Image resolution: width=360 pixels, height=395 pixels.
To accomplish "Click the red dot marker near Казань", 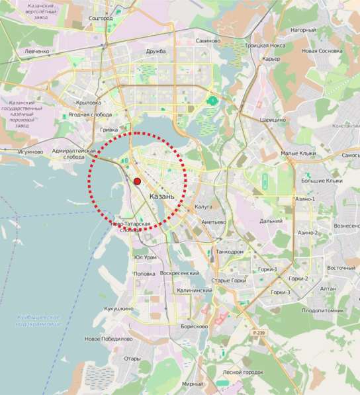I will [x=138, y=181].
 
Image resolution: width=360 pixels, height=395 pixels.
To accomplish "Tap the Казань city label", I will [x=162, y=197].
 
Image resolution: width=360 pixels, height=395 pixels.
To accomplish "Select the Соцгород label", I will [x=101, y=18].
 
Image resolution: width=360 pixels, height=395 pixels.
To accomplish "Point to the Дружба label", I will [x=156, y=51].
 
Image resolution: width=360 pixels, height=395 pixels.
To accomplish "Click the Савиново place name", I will [x=208, y=40].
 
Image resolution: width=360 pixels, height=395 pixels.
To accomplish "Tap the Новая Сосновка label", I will [x=322, y=51].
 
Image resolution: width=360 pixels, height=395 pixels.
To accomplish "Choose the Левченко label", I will [x=37, y=51].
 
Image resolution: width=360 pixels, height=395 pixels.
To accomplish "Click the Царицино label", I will [x=273, y=120].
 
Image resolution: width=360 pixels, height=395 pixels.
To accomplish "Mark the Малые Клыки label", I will [x=298, y=153].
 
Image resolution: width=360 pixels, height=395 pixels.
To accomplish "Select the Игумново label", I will [x=30, y=152].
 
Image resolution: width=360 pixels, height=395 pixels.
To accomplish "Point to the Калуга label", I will [x=203, y=207].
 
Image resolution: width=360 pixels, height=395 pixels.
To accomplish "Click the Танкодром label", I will [x=230, y=251].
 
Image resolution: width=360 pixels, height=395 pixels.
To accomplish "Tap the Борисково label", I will [x=194, y=326].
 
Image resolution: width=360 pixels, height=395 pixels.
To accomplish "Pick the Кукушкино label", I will [x=118, y=308].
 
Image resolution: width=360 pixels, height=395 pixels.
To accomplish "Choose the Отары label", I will [x=132, y=359].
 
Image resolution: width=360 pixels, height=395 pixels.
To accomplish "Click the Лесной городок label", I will [x=243, y=372].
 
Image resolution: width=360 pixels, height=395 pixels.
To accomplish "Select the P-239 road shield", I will [x=259, y=332].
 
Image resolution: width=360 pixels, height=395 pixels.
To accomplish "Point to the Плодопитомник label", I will [x=323, y=310].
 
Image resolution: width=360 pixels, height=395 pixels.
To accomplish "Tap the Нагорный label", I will [x=302, y=30].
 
